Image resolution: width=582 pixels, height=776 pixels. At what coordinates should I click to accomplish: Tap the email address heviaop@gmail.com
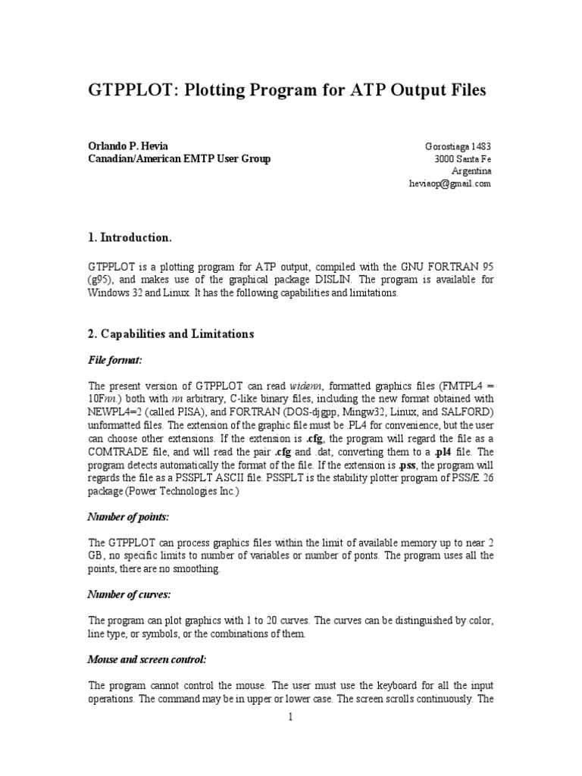tap(450, 183)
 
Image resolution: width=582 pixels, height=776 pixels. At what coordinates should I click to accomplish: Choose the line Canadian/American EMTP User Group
tap(180, 159)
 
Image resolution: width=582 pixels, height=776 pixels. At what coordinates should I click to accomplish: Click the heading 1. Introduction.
tap(130, 238)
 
